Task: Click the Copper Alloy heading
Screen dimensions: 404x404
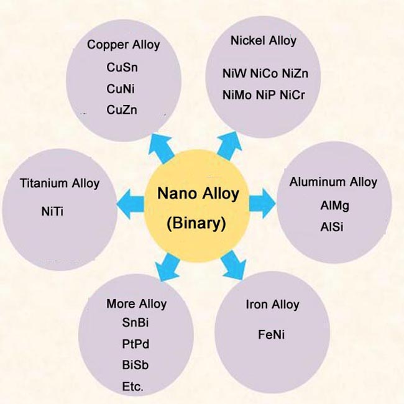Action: click(124, 45)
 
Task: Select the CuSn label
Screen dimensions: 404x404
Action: click(122, 68)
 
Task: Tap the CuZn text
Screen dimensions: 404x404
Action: click(122, 110)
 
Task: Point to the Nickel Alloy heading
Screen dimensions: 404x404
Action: click(264, 40)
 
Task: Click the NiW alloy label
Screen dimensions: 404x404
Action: click(234, 73)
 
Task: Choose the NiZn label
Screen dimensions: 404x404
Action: click(295, 73)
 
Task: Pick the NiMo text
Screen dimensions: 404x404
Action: click(237, 95)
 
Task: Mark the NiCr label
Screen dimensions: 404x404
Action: click(292, 95)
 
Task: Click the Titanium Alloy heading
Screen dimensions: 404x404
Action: click(60, 183)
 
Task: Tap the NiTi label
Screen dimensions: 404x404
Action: click(52, 211)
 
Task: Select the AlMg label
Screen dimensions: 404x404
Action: click(334, 206)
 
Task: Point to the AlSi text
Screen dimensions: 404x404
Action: click(332, 227)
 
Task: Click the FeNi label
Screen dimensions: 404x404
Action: click(272, 334)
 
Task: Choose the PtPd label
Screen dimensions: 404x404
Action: click(135, 344)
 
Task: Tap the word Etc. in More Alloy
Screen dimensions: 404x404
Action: click(132, 387)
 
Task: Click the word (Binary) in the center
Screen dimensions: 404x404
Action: click(196, 223)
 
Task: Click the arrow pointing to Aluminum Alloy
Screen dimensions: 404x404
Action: click(262, 203)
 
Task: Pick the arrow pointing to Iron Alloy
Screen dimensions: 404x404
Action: click(234, 265)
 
